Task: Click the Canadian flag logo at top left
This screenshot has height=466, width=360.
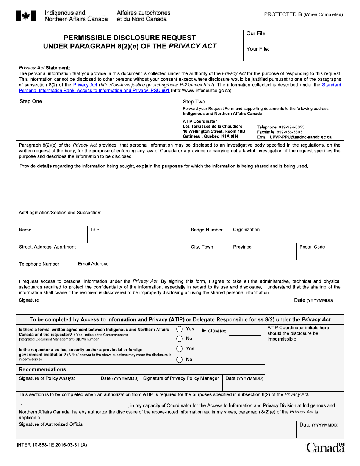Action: (26, 16)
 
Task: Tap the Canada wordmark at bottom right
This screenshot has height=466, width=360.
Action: (326, 447)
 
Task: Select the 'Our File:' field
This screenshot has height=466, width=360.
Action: (294, 37)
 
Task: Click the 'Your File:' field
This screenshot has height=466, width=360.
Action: (294, 53)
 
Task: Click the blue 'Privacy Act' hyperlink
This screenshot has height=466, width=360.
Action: (85, 85)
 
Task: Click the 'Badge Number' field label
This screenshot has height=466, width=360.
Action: (207, 230)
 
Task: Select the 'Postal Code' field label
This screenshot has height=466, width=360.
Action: (312, 247)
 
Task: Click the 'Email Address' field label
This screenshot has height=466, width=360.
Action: (93, 264)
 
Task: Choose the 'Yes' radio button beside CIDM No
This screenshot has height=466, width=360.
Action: (180, 329)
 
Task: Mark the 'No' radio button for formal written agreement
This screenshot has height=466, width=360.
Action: (180, 339)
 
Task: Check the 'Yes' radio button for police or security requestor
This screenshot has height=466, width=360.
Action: (180, 349)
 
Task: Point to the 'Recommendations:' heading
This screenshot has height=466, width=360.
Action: (43, 369)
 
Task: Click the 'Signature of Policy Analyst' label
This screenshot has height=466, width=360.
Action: (47, 378)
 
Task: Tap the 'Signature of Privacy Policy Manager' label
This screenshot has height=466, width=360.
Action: (181, 378)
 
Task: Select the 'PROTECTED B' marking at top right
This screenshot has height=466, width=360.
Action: (283, 14)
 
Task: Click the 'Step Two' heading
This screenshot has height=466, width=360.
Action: (194, 102)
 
